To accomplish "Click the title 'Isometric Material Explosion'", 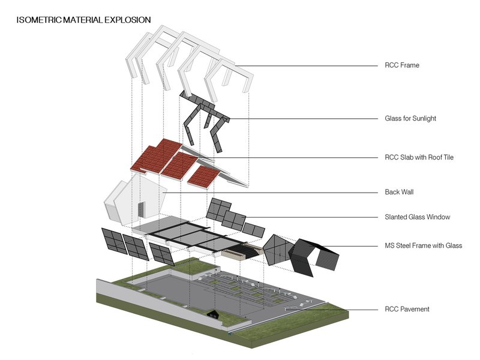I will (83, 20).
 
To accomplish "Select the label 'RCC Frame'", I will (401, 65).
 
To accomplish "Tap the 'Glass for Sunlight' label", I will (410, 119).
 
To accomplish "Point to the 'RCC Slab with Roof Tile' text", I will (419, 158).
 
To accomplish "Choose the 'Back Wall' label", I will (399, 193).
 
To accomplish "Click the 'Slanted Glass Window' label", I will (417, 217).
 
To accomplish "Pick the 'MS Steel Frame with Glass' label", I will (423, 245).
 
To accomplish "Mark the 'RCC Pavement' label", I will (407, 310).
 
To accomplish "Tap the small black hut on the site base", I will (212, 313).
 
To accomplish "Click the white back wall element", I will (135, 198).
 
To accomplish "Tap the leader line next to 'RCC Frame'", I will (306, 65).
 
